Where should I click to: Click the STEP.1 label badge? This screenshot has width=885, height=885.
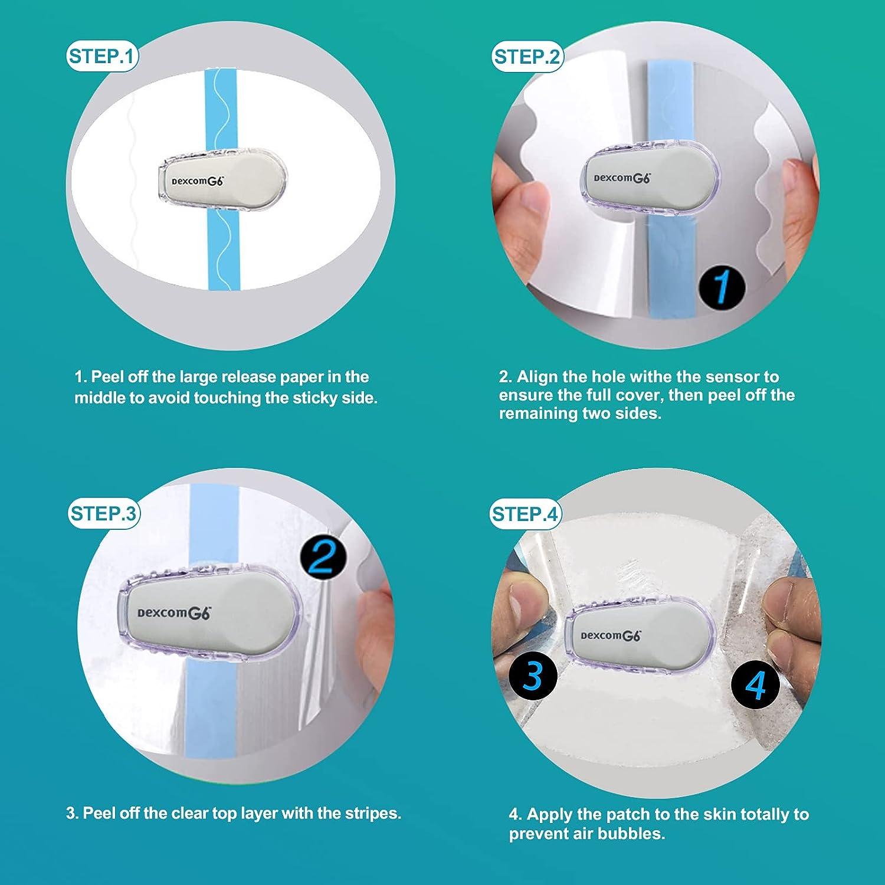102,57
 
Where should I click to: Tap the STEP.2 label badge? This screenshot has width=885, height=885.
527,57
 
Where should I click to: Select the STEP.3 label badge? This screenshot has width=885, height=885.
103,513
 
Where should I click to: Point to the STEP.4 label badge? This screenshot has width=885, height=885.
525,514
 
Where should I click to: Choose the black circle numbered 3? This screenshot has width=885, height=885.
533,676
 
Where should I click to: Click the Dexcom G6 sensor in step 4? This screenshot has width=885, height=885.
636,636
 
